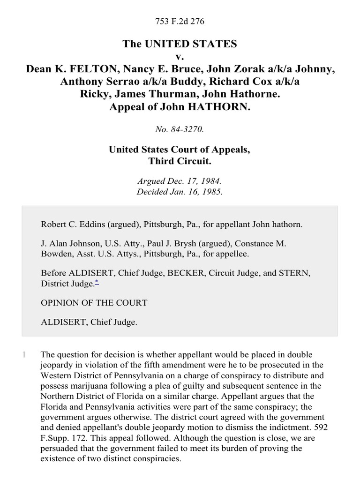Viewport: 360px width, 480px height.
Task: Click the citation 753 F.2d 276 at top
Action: [180, 22]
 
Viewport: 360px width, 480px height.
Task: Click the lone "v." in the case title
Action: [180, 57]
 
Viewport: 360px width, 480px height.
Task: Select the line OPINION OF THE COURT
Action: [94, 303]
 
